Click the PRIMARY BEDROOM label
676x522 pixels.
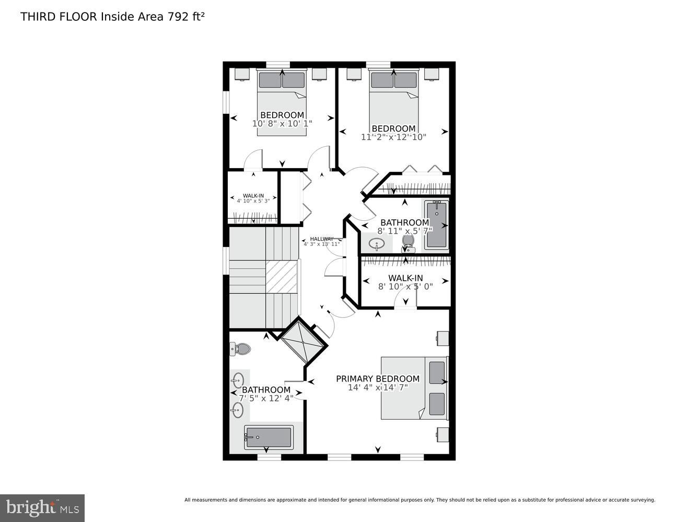pyautogui.click(x=377, y=379)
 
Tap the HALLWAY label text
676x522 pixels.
pyautogui.click(x=321, y=239)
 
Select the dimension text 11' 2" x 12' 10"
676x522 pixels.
pyautogui.click(x=393, y=137)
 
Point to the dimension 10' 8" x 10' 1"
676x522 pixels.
pyautogui.click(x=282, y=124)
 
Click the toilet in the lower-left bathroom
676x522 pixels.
pyautogui.click(x=240, y=348)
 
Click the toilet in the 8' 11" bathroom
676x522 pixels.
pyautogui.click(x=408, y=242)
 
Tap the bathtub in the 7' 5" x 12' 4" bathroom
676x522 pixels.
pyautogui.click(x=269, y=437)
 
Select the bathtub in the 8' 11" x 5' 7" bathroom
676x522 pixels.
pyautogui.click(x=437, y=224)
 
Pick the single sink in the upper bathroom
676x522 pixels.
pyautogui.click(x=377, y=243)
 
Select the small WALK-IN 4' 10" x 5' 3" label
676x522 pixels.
pyautogui.click(x=253, y=198)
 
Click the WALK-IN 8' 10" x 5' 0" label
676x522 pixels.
pyautogui.click(x=405, y=282)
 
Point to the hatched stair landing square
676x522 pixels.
pyautogui.click(x=282, y=277)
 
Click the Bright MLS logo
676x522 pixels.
pyautogui.click(x=42, y=507)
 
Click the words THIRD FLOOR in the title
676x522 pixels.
pyautogui.click(x=59, y=17)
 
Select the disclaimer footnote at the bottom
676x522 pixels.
pyautogui.click(x=419, y=500)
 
